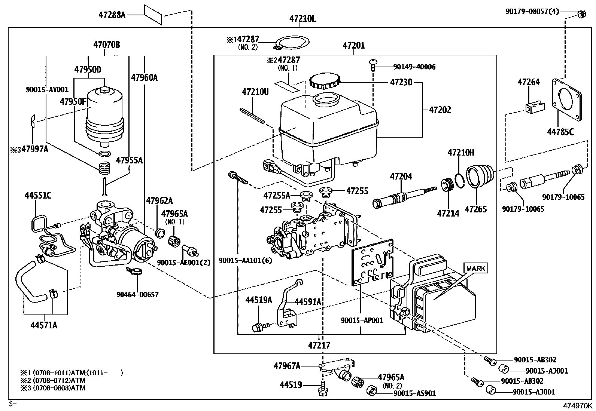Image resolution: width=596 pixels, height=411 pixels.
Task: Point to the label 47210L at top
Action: (302, 19)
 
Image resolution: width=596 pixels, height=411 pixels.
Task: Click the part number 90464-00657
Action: (137, 295)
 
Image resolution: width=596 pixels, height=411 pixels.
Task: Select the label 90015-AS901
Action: (414, 393)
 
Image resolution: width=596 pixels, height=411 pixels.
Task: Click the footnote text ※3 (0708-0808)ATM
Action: (53, 388)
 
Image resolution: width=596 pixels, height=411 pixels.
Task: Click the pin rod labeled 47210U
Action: (252, 115)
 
